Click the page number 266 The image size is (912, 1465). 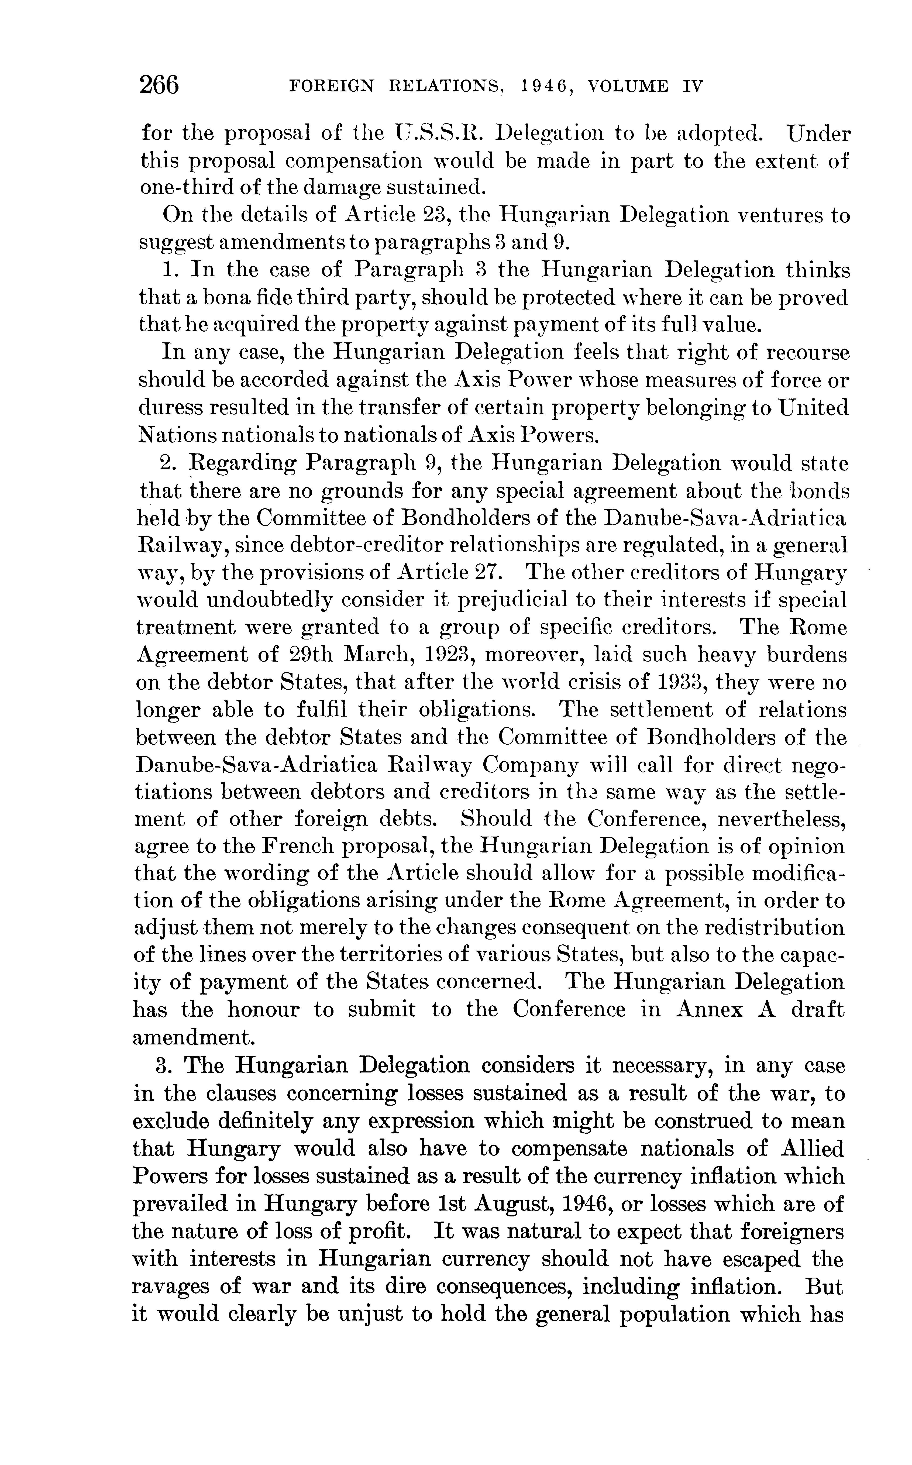click(159, 85)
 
